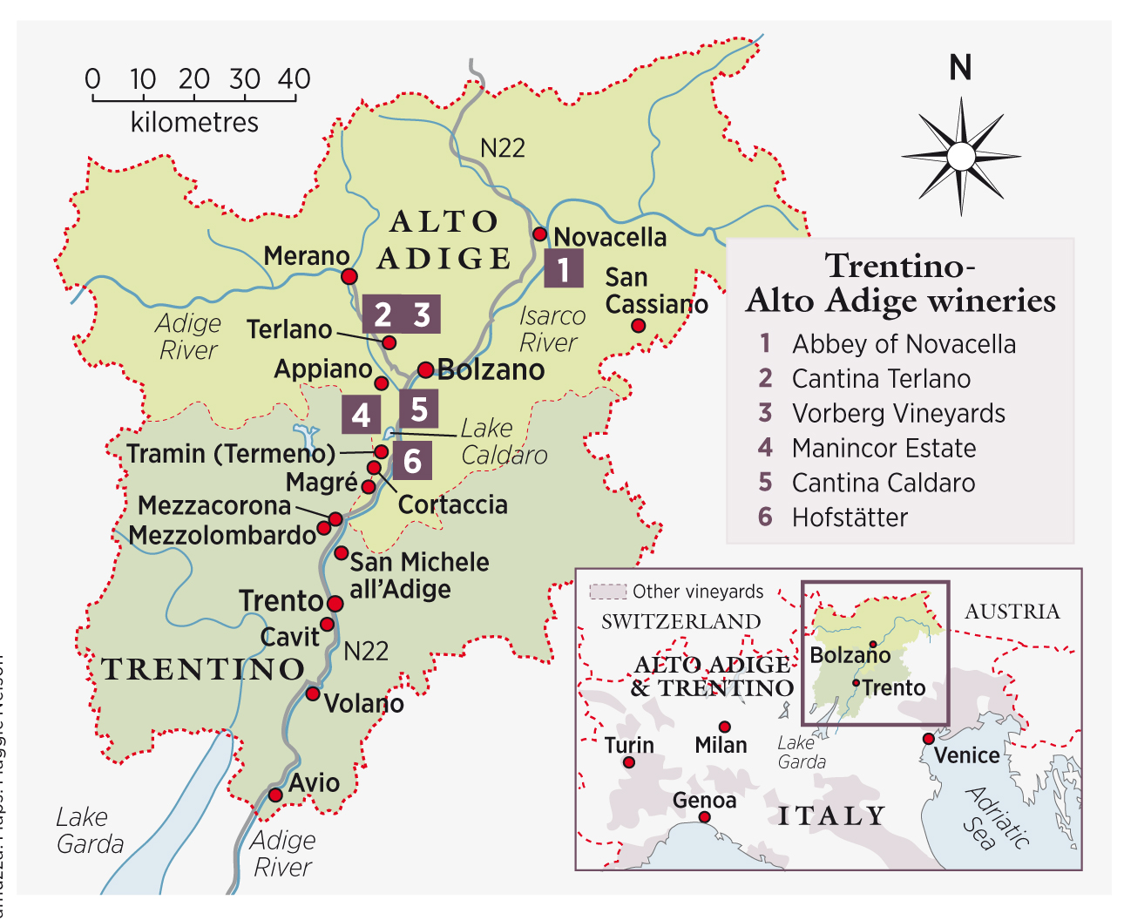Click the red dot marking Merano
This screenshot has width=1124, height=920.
pos(349,276)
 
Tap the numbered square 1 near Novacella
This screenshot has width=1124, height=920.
pos(564,268)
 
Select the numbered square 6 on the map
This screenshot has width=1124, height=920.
pos(412,460)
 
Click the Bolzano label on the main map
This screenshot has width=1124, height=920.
pos(491,370)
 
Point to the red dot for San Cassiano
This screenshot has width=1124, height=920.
pos(638,326)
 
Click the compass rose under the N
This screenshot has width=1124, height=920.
pos(960,157)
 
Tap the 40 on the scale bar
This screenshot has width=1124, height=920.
pos(295,79)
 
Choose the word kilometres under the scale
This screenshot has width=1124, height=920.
pos(194,122)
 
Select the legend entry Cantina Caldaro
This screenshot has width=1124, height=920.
pos(883,483)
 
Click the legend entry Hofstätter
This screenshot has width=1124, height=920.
pos(850,517)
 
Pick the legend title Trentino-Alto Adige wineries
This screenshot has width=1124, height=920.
pos(900,283)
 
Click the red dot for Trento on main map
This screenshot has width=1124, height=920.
pos(335,603)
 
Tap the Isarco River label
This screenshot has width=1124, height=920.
pos(551,328)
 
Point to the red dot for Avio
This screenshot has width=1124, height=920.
pos(275,795)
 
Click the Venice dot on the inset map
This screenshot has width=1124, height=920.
pos(928,739)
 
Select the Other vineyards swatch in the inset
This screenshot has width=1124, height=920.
pos(607,592)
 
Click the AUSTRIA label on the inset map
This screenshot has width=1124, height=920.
pos(1012,612)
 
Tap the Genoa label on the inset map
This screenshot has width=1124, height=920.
pos(704,800)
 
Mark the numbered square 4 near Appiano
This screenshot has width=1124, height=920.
pos(361,415)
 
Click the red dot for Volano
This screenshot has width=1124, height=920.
pos(312,693)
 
